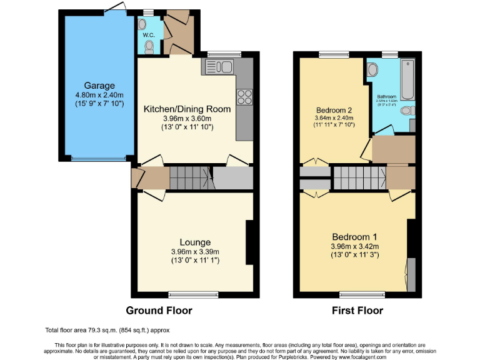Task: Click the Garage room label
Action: [x=100, y=86]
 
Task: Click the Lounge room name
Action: [x=195, y=242]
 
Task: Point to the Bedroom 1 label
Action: [x=354, y=237]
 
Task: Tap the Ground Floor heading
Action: [x=159, y=311]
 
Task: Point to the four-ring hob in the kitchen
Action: [x=244, y=97]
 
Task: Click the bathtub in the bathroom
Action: [x=407, y=80]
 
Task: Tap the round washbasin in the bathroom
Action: [x=373, y=70]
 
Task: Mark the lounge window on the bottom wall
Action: [x=192, y=293]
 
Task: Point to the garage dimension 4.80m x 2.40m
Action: [x=100, y=95]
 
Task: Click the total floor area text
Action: [x=107, y=330]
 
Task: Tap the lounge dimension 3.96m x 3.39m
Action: [x=195, y=252]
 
